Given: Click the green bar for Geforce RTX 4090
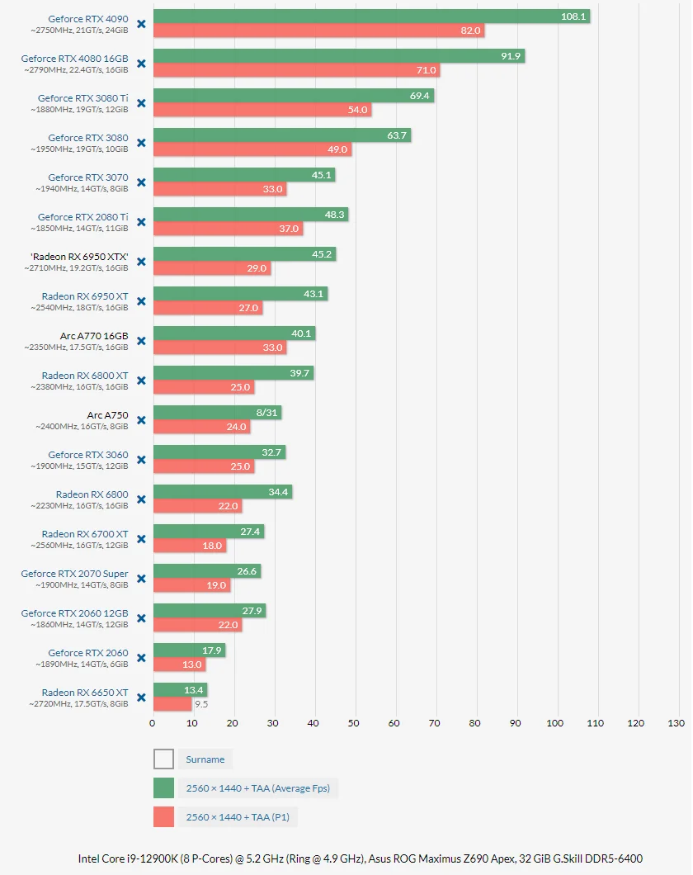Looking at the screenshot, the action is coord(371,17).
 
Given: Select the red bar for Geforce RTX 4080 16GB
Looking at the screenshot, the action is coord(297,70).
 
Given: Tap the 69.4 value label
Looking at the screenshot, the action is coord(419,96).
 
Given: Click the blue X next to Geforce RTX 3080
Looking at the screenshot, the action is coord(142,143).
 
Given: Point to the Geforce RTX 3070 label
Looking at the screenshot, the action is coord(88,177).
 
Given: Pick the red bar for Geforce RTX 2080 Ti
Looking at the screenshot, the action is coord(228,229).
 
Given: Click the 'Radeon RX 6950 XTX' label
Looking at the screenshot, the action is coord(79,257).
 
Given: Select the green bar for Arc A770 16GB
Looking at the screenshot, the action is coord(234,333).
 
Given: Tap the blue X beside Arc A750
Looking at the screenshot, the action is coord(142,420).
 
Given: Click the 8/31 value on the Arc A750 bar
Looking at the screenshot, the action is coord(266,413).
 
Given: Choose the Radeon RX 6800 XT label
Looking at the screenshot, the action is coord(85,376).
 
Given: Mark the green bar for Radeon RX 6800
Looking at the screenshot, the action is coord(223,492).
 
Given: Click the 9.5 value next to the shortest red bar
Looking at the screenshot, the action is coord(201,704).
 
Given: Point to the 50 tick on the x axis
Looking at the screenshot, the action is coord(353,723).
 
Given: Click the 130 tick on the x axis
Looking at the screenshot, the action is coord(676,723).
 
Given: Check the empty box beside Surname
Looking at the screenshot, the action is coord(164,759).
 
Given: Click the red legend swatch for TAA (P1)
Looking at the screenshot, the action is coord(164,817).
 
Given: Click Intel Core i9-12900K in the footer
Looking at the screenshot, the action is coord(127,858).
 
